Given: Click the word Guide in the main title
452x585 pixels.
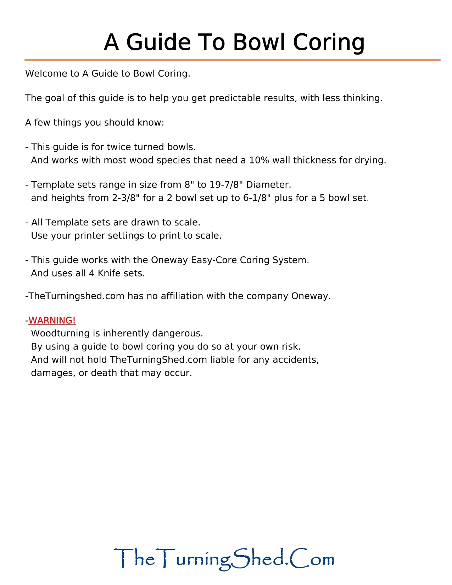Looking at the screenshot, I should pyautogui.click(x=158, y=42).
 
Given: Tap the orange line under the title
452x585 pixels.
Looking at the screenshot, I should pyautogui.click(x=232, y=60).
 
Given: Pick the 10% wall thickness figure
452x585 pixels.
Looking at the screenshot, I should pyautogui.click(x=258, y=160).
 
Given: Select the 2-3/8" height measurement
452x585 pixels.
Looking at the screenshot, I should pyautogui.click(x=126, y=198).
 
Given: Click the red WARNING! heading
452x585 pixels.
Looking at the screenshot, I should pyautogui.click(x=52, y=320).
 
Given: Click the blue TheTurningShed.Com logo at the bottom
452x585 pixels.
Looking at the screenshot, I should pyautogui.click(x=224, y=559).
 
